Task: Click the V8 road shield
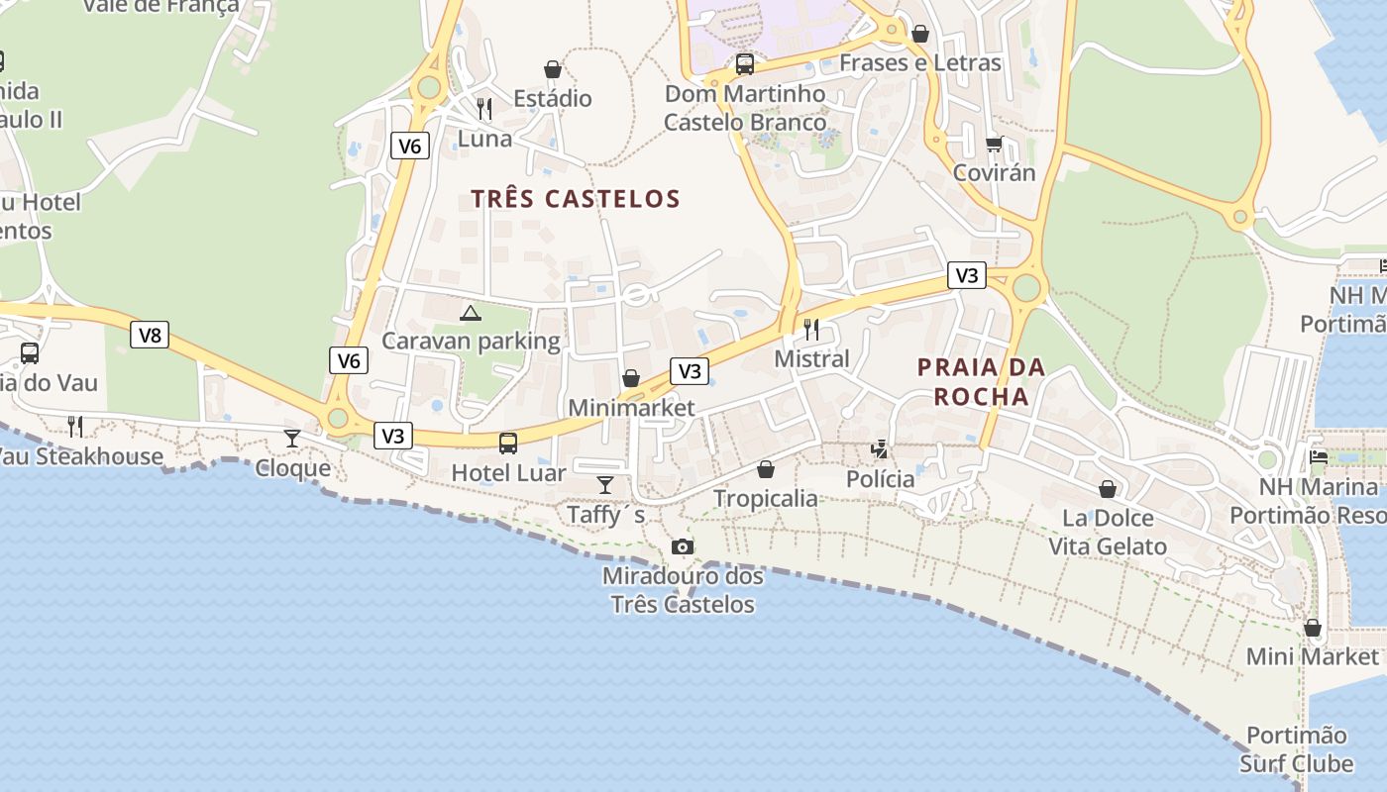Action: [150, 335]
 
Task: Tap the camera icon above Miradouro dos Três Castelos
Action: [682, 546]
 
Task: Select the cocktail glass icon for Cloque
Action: [292, 438]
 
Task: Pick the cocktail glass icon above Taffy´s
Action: [605, 484]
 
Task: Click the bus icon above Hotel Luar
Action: [508, 443]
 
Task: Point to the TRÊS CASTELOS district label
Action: [576, 199]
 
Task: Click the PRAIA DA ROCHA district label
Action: [981, 382]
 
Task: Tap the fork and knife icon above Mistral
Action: [811, 329]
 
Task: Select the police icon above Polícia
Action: [880, 449]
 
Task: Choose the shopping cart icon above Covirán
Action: [995, 144]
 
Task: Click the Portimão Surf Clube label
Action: [1296, 749]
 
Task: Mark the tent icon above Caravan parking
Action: [471, 314]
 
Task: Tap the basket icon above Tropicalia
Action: [766, 468]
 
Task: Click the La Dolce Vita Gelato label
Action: [1108, 532]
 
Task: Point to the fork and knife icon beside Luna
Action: [484, 108]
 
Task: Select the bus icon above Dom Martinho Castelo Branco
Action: [744, 64]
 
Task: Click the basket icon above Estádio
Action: [553, 69]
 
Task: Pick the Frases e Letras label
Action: [920, 63]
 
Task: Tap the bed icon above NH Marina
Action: [1319, 456]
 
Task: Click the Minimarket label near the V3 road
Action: [631, 408]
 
